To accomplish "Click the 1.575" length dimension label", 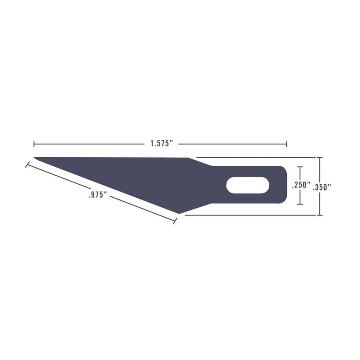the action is pos(161,144).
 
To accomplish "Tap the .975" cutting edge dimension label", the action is pos(98,195).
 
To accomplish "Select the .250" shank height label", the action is pos(301,185).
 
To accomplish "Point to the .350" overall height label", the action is pos(322,187).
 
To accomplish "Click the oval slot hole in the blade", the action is pos(248,185).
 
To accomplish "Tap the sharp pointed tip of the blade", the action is pos(35,157).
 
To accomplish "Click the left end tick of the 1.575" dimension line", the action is pos(34,144).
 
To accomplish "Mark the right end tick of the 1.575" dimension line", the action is pos(287,144).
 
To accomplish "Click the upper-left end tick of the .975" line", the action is pos(27,164).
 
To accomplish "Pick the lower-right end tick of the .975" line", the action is pos(175,221).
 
